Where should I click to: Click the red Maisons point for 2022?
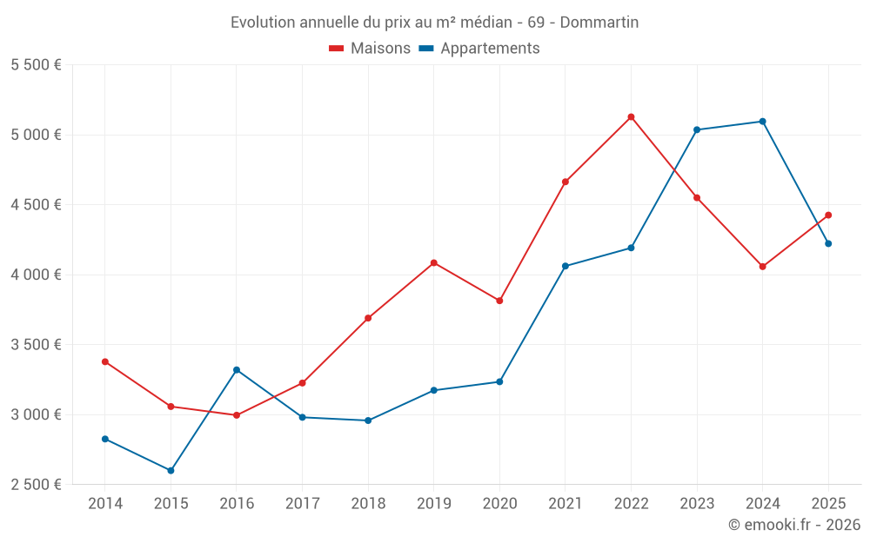click(631, 116)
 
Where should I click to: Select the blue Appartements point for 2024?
click(762, 122)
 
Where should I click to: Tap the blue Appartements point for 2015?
click(171, 471)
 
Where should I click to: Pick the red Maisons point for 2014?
click(105, 361)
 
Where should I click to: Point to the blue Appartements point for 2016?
click(237, 370)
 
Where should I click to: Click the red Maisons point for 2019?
click(434, 262)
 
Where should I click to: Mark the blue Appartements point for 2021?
click(565, 266)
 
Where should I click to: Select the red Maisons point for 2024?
click(762, 267)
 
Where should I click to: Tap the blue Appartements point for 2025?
click(828, 243)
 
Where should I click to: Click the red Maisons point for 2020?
click(499, 301)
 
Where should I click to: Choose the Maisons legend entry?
click(370, 49)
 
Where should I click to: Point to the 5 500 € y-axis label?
click(36, 65)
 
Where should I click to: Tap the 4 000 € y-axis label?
click(36, 275)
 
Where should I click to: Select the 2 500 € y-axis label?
click(36, 485)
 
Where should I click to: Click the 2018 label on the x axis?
click(368, 504)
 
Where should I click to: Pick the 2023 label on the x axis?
click(697, 504)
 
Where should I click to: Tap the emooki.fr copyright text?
click(793, 525)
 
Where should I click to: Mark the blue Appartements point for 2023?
click(697, 129)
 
